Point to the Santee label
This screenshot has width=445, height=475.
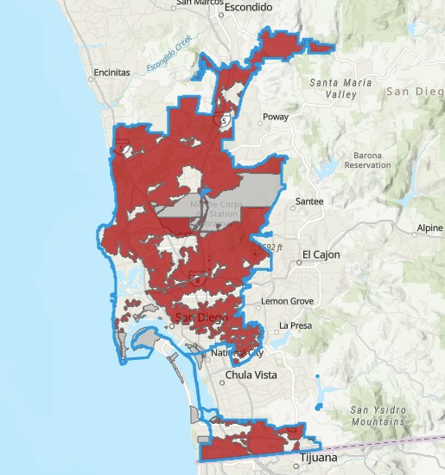click(309, 202)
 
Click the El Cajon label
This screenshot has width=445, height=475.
click(321, 255)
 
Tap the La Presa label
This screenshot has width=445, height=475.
click(294, 326)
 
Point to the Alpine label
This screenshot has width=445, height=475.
click(429, 228)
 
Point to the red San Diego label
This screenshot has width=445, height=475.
click(202, 318)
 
